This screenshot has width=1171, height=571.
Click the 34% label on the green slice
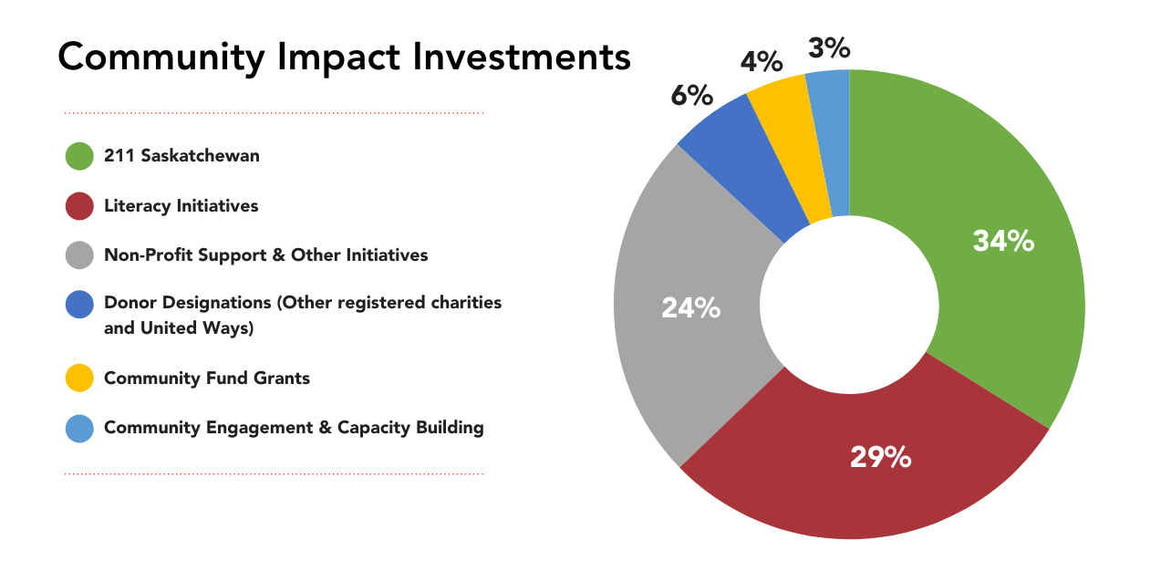(1003, 241)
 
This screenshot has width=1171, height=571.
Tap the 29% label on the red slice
(880, 457)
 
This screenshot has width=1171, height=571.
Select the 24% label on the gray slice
(691, 308)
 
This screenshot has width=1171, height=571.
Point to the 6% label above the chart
(692, 95)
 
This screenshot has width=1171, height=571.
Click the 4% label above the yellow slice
(762, 62)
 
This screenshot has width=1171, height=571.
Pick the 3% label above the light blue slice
(829, 48)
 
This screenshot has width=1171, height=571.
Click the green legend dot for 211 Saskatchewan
(79, 156)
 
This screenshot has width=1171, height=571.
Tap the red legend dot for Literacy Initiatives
(79, 206)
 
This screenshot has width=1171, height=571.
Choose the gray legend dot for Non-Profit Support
(79, 255)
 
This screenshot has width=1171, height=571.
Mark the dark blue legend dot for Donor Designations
(79, 305)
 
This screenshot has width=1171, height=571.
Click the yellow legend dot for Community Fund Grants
(79, 378)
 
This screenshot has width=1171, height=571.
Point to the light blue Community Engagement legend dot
(79, 428)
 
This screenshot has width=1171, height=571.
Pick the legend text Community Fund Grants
(207, 378)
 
